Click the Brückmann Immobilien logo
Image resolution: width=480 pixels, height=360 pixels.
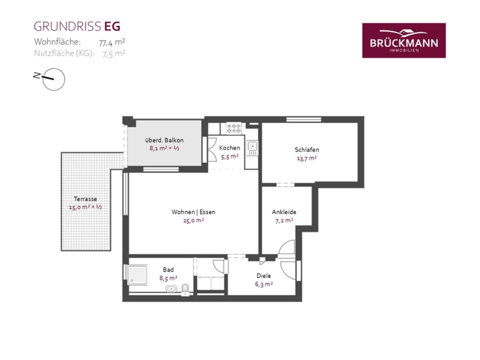pos(404,41)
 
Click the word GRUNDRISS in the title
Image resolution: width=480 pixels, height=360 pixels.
pos(67,27)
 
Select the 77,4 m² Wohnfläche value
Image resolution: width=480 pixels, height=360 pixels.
pos(112,42)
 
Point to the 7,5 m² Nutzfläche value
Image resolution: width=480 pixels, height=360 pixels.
pos(114,53)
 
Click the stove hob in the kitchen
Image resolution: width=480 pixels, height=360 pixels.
pos(234,128)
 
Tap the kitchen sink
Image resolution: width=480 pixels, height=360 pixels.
pos(253,148)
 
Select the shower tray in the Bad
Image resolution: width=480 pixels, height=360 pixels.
pos(138,275)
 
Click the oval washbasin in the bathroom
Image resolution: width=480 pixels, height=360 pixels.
pos(171,289)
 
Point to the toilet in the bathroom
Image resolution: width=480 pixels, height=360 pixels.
pos(185,289)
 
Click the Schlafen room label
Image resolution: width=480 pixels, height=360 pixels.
pos(307,150)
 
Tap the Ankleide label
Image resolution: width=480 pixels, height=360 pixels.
pos(284,212)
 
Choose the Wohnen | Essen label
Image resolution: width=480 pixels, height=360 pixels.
pos(193,212)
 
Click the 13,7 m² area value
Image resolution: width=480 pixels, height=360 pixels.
pos(307,158)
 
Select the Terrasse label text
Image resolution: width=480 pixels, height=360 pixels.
pos(85,199)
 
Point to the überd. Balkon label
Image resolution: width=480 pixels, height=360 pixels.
pos(164,140)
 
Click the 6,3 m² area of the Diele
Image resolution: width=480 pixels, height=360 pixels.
pos(264,284)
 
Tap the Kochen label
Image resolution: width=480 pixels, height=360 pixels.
pos(229,148)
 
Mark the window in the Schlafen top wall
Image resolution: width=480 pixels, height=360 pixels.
pos(303,119)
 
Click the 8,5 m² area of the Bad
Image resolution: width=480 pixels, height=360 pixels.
pos(169,278)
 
